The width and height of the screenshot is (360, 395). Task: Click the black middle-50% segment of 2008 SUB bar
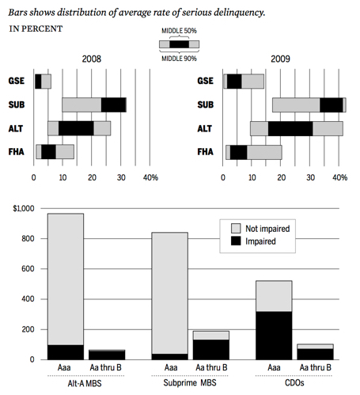[114, 105]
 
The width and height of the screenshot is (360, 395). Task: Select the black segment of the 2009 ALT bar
[290, 129]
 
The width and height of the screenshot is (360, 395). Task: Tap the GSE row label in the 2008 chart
[17, 81]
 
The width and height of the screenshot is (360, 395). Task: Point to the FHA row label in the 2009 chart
[206, 152]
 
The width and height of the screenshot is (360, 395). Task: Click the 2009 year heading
[280, 59]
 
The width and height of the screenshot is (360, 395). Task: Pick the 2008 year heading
[92, 59]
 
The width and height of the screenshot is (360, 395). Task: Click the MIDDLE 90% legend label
[179, 59]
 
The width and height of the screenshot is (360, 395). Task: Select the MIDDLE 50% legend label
[179, 31]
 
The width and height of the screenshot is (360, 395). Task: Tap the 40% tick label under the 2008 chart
[150, 177]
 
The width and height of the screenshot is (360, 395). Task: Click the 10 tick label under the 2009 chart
[252, 177]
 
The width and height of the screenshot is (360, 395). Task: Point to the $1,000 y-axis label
[24, 209]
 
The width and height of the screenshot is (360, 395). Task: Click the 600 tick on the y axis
[28, 269]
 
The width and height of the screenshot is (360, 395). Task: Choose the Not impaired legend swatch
[236, 229]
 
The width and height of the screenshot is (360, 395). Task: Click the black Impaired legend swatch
[236, 241]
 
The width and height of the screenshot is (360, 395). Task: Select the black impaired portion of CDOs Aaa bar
[274, 336]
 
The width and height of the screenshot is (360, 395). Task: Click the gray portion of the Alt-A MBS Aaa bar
[66, 279]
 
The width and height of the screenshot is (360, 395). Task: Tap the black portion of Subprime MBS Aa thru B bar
[211, 350]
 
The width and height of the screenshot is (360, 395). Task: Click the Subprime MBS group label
[190, 383]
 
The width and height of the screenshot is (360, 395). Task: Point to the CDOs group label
[294, 383]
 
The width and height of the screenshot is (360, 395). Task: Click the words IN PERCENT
[36, 28]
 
